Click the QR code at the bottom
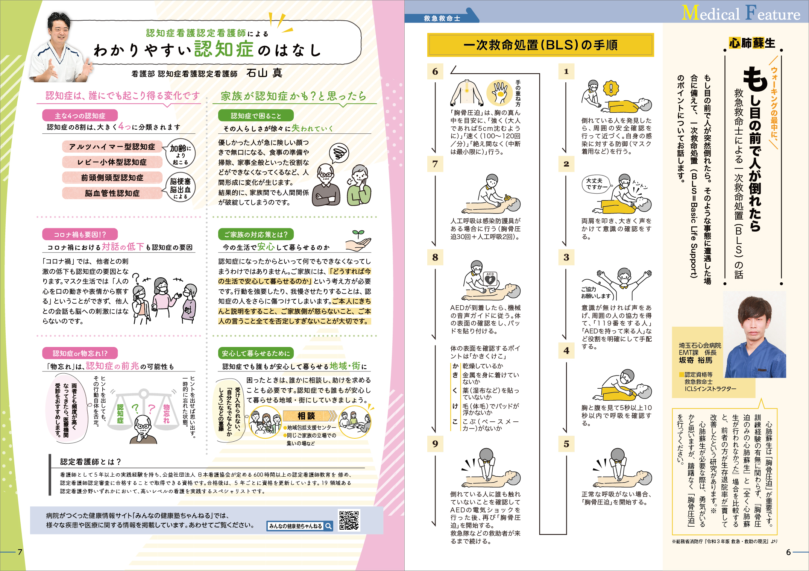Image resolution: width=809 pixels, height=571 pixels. tap(349, 520)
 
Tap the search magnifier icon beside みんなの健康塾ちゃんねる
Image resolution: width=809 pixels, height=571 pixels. tap(328, 526)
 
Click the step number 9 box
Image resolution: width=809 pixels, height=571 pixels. tap(435, 444)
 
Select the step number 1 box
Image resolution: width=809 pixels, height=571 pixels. tap(566, 71)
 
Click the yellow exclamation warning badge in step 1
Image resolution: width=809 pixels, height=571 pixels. tap(611, 89)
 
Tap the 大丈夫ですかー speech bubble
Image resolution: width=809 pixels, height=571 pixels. tap(597, 184)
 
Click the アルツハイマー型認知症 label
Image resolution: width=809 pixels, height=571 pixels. tap(112, 147)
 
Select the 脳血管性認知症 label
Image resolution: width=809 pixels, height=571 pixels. tap(112, 193)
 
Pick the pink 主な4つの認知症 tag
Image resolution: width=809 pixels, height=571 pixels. tap(80, 115)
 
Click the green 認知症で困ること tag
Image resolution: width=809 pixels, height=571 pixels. tap(256, 115)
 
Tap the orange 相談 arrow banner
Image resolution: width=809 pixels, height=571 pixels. tap(310, 416)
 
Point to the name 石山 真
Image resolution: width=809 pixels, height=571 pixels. tap(264, 73)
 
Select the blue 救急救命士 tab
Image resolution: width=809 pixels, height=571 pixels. tap(442, 18)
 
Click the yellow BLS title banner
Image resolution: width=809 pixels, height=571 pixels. tap(540, 45)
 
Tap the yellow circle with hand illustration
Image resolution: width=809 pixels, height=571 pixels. tap(499, 93)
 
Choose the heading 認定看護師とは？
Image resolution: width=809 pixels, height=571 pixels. tap(91, 462)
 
